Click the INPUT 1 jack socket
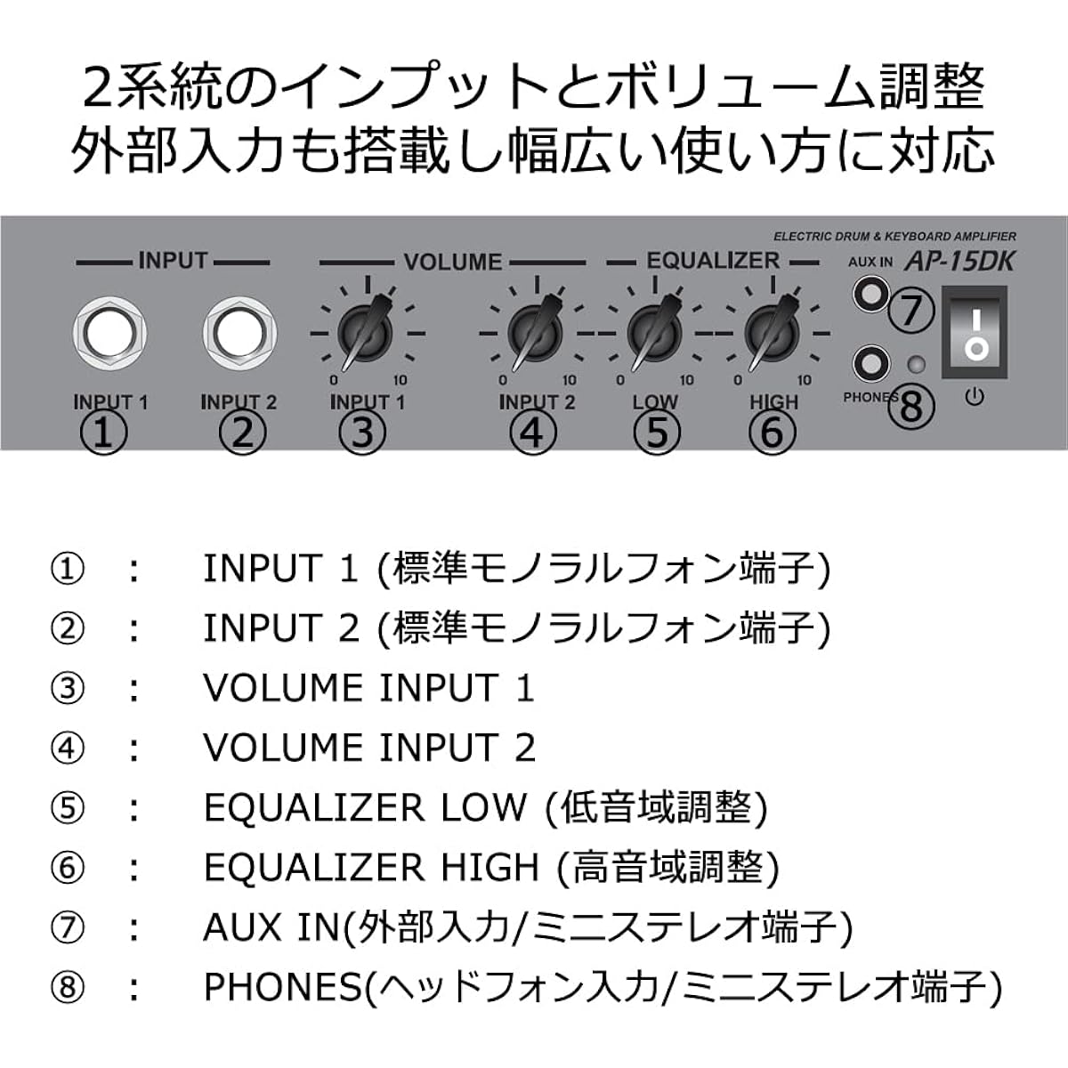coord(109,333)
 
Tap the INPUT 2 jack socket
coord(239,333)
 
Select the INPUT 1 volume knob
coord(365,333)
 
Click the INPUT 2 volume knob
coord(535,333)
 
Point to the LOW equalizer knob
coord(654,333)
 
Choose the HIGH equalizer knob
coord(772,333)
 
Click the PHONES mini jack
coord(871,364)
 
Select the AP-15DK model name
coord(960,262)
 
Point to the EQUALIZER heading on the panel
coord(713,261)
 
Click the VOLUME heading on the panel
coord(453,262)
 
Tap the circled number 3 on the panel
coord(362,433)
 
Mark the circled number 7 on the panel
coord(911,311)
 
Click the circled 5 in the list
coord(68,807)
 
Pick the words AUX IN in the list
coord(271,927)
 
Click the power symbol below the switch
coord(975,396)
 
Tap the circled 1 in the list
coord(68,570)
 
